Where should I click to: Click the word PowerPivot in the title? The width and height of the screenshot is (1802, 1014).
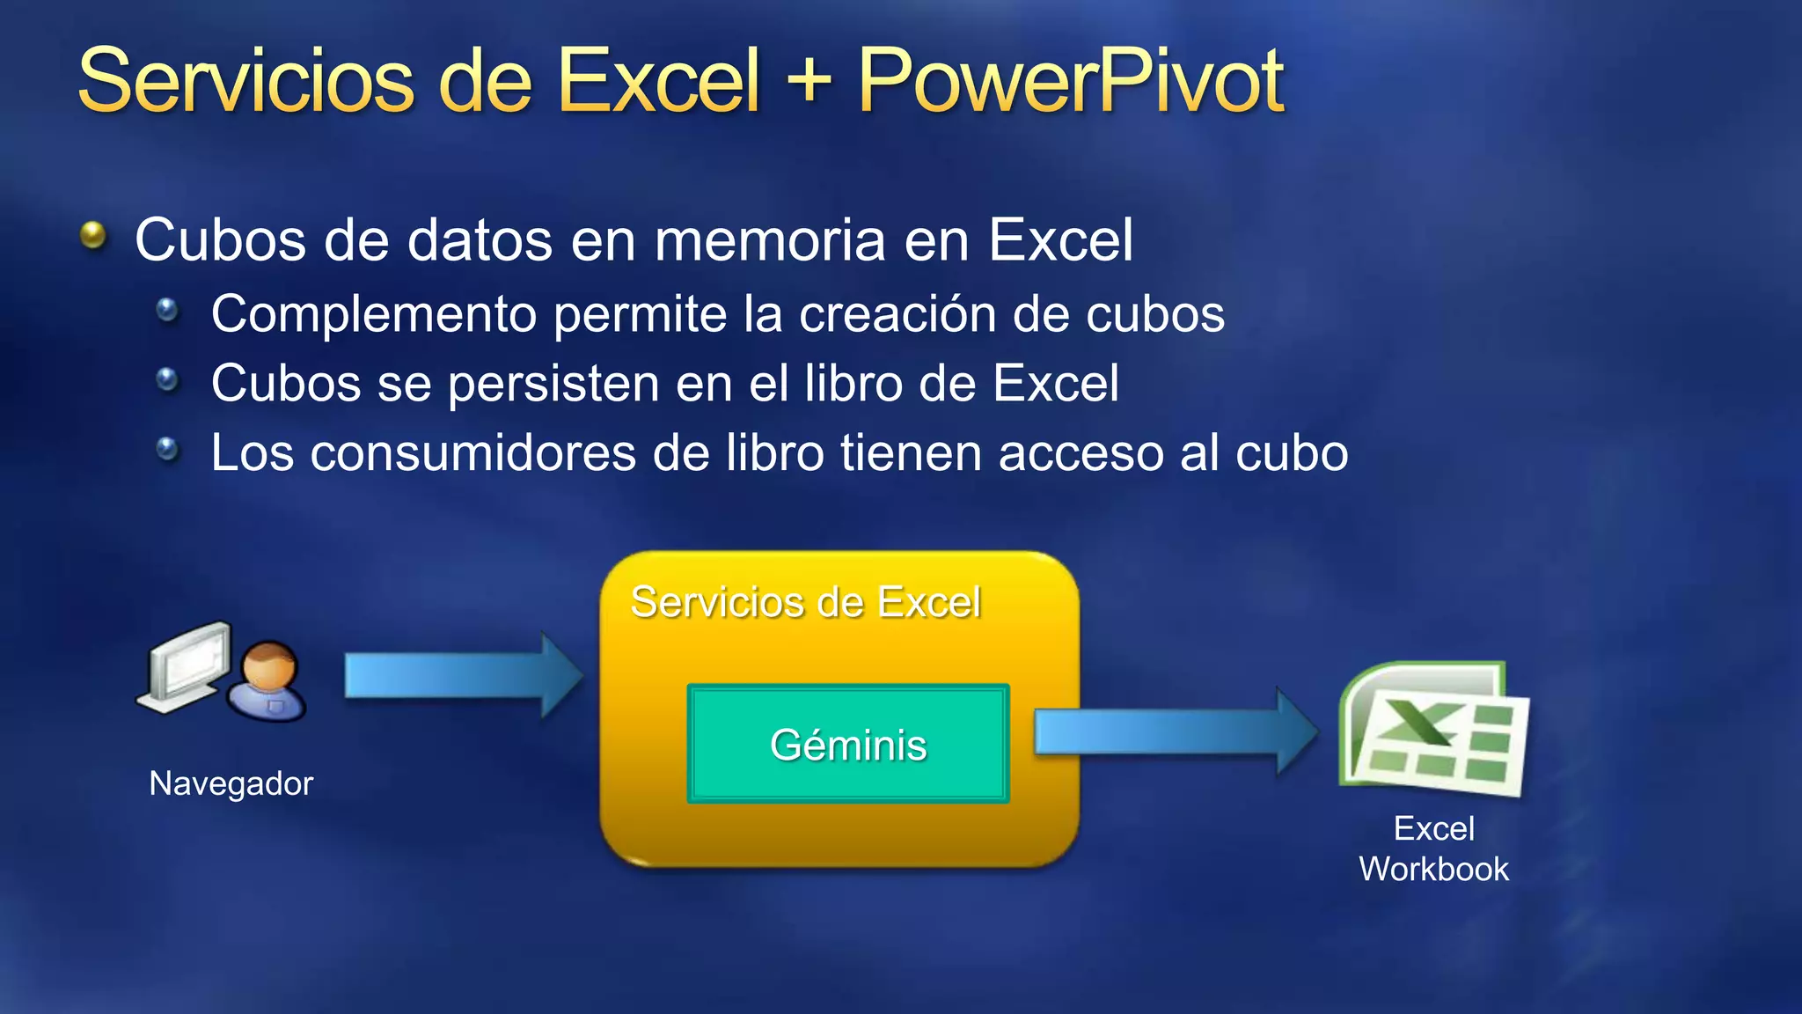[1071, 81]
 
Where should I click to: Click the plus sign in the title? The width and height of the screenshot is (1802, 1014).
[809, 81]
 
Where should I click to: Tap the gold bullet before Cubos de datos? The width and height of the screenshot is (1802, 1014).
[93, 236]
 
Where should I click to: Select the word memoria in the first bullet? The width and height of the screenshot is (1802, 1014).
[770, 239]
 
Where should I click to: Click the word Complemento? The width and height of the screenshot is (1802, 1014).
[373, 314]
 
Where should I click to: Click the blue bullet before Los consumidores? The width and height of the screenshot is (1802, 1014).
[167, 450]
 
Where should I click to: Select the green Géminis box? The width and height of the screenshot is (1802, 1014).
[848, 744]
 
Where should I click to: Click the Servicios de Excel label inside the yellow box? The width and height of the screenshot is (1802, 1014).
[805, 603]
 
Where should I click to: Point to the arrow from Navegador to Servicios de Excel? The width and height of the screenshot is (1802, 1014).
[462, 676]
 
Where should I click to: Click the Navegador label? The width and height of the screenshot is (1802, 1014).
[231, 783]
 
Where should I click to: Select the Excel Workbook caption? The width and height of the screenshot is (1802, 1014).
[1434, 849]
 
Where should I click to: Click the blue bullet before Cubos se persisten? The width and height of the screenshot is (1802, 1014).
[167, 380]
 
